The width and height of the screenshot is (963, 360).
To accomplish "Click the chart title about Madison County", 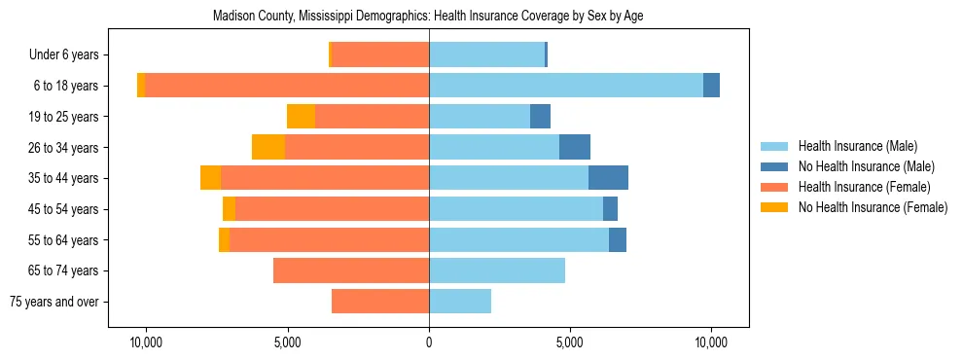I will point(428,17).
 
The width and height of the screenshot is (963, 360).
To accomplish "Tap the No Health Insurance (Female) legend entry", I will point(873,207).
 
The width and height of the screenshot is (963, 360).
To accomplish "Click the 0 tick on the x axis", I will point(429,342).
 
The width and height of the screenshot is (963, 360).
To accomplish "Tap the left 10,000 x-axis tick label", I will point(146,342).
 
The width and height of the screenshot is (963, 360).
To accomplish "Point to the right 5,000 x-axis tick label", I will point(570,342).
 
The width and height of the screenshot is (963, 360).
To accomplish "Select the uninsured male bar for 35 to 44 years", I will point(608,178).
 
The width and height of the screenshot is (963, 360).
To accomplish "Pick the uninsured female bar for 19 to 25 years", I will point(302,117).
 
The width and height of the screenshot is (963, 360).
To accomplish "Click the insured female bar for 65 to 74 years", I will point(351,270).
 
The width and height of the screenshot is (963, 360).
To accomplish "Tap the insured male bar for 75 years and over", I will point(460,302).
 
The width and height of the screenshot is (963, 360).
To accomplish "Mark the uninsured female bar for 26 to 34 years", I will point(268,147).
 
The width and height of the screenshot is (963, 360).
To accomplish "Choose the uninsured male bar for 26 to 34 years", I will point(575,147).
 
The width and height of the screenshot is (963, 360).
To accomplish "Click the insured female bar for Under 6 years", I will point(380,55).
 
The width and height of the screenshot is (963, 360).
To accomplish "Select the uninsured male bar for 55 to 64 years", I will point(618,239).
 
